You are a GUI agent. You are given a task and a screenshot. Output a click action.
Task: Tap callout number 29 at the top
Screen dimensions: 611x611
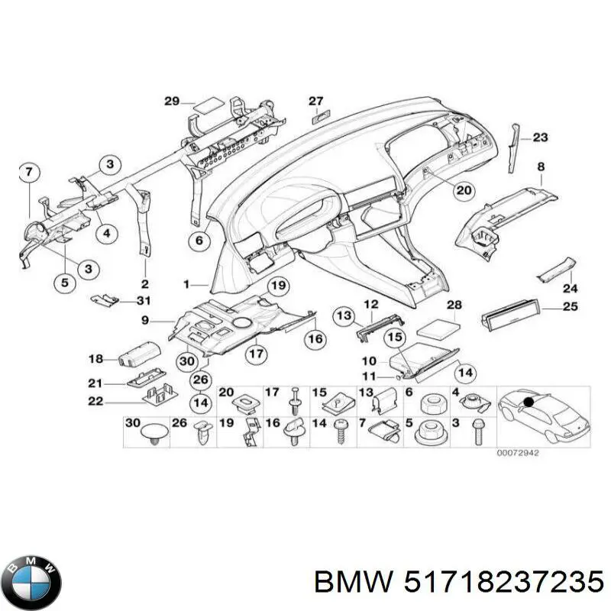pyautogui.click(x=171, y=101)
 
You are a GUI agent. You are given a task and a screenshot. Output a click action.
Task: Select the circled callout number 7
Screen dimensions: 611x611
pyautogui.click(x=27, y=172)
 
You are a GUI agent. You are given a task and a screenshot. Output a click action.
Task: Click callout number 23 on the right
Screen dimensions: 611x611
pyautogui.click(x=541, y=137)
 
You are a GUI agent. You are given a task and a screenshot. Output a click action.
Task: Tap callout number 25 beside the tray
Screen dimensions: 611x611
pyautogui.click(x=570, y=307)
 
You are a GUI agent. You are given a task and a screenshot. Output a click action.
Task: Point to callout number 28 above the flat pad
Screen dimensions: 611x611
pyautogui.click(x=454, y=305)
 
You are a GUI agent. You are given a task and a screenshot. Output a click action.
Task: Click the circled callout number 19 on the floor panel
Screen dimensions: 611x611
pyautogui.click(x=277, y=286)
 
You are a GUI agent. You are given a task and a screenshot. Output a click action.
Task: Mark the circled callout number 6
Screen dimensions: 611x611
pyautogui.click(x=199, y=241)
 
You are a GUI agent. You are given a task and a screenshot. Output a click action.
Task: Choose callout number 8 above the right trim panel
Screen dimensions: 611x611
pyautogui.click(x=541, y=166)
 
